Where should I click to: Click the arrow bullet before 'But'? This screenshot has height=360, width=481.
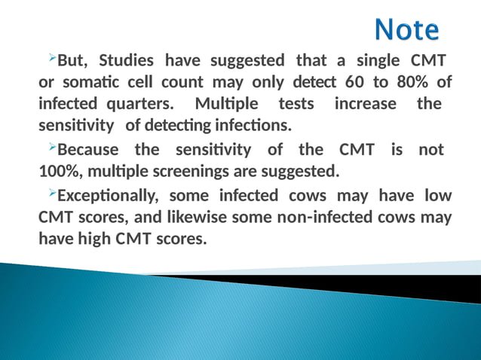click(x=51, y=58)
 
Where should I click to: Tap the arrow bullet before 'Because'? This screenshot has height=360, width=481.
click(x=51, y=148)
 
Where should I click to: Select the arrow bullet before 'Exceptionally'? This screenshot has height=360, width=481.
click(x=51, y=194)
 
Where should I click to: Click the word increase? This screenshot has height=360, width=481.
click(x=365, y=102)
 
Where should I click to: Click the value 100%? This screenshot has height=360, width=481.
click(x=57, y=172)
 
